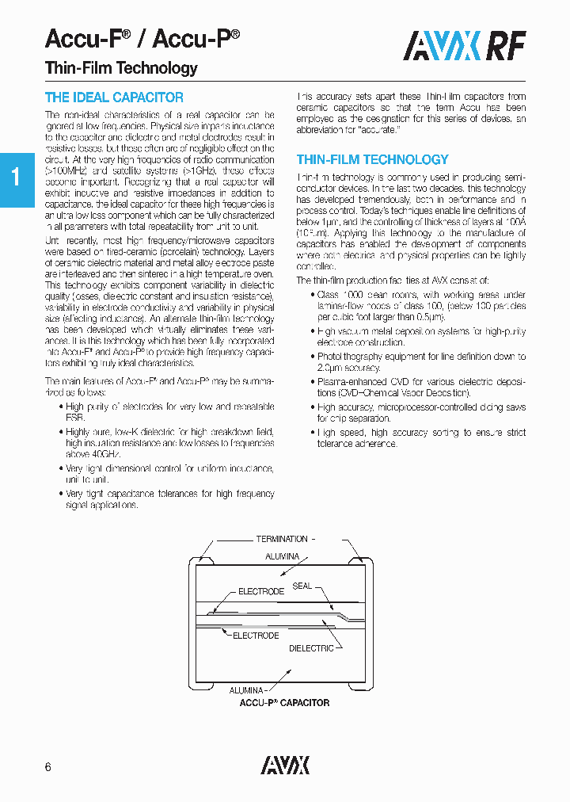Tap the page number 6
coord(48,767)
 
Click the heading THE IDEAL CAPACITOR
coord(114,97)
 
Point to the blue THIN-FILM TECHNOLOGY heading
coord(372,159)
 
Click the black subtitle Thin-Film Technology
coord(121,67)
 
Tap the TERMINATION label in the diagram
coord(281,539)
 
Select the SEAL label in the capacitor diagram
coord(302,586)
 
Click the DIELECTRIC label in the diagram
coord(311,648)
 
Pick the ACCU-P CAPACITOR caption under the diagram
coord(284,703)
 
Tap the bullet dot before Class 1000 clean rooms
coord(311,295)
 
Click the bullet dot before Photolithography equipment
coord(311,357)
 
